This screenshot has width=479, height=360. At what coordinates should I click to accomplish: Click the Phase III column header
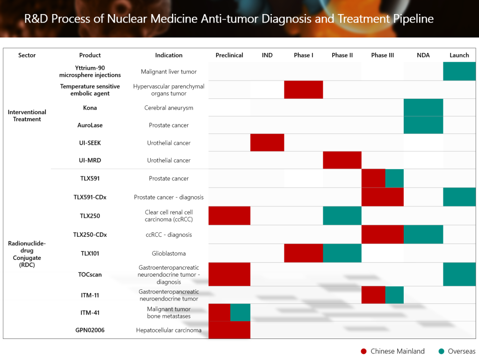383,55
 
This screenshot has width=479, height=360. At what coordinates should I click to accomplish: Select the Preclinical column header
229,55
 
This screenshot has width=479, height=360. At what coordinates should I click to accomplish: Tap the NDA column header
423,55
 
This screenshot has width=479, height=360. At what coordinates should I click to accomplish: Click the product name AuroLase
90,125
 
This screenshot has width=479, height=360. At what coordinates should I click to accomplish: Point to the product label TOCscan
90,274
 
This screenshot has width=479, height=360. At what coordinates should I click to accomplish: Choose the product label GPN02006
90,330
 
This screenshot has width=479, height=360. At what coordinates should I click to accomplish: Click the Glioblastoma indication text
168,253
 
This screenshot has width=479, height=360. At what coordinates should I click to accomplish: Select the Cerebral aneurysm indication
168,108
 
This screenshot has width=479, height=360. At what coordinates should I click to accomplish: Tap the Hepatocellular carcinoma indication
168,330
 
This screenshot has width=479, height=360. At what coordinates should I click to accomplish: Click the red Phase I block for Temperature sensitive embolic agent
303,89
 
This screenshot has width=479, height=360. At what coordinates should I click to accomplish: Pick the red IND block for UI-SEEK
267,142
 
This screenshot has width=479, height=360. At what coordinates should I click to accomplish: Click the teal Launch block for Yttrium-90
459,71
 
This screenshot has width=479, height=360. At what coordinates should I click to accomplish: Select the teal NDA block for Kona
423,108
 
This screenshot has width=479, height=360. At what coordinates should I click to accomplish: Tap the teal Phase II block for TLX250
342,216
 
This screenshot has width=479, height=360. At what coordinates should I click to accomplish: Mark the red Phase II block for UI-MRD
342,160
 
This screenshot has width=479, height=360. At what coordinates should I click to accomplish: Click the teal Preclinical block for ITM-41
240,312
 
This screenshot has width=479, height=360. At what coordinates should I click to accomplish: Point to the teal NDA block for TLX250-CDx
423,235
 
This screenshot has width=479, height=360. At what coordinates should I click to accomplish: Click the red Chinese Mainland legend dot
363,352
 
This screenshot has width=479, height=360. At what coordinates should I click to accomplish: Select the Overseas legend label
462,352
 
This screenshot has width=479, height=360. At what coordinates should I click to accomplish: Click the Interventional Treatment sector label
27,116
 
